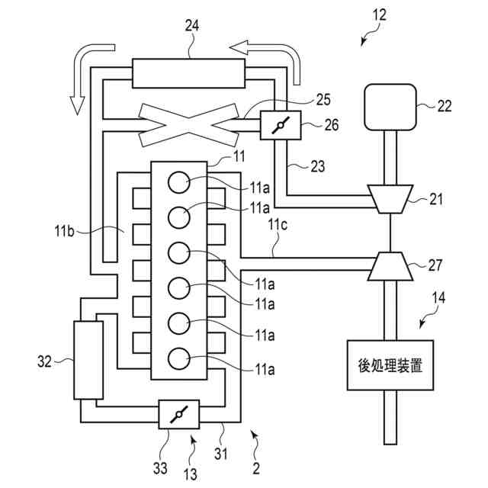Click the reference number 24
coord(191,25)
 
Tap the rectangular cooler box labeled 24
coord(188,73)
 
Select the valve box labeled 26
coord(281,125)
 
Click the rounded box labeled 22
coord(390,107)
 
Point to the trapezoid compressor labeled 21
coord(390,199)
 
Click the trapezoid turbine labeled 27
coord(390,266)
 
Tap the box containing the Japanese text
coord(390,365)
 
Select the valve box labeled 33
coord(179,414)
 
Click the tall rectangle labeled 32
coord(88,360)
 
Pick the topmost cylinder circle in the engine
coord(178,182)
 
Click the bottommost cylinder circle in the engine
coord(178,358)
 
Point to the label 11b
coord(64,231)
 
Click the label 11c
coord(278,225)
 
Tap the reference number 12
coord(380,15)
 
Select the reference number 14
coord(438,297)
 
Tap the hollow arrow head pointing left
coord(239,47)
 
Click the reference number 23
coord(317,166)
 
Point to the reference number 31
coord(220,454)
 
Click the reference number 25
coord(323,100)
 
